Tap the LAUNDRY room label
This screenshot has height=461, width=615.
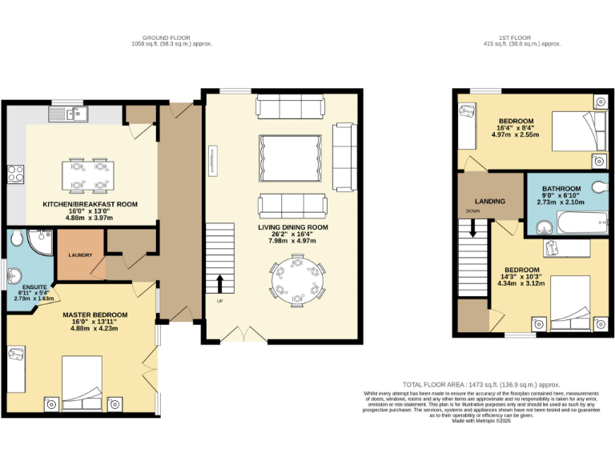click(x=80, y=256)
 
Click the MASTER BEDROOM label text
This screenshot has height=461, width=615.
click(x=94, y=315)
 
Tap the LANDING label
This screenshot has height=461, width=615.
click(x=489, y=201)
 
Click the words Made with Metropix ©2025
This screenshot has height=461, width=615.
click(x=482, y=422)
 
